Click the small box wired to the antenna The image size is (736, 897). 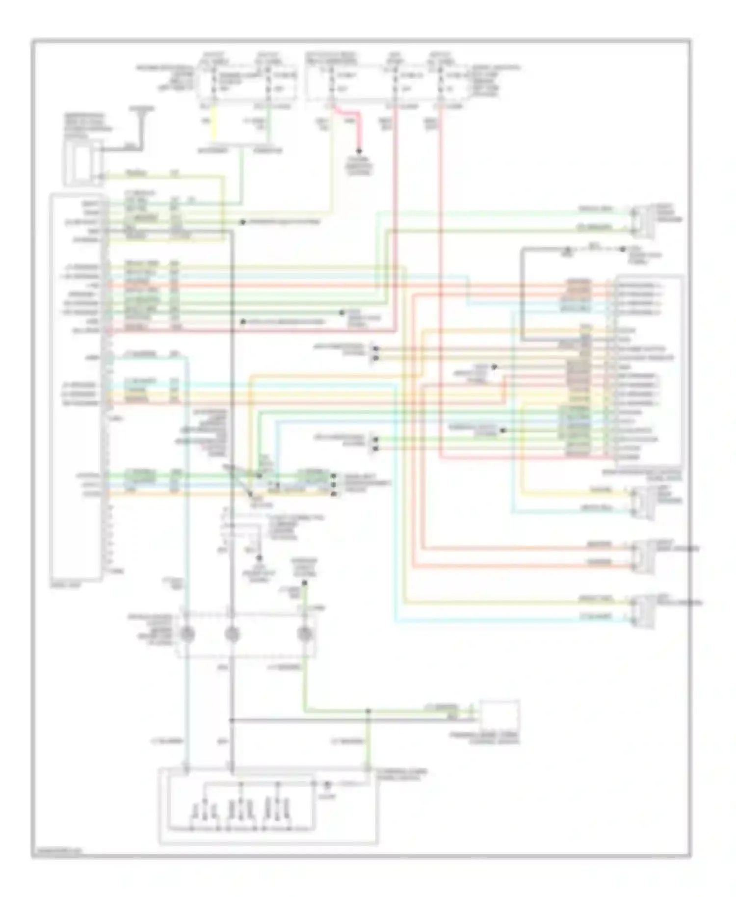coord(82,162)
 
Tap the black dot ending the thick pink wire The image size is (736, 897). coord(360,151)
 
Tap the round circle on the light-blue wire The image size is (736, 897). coord(186,634)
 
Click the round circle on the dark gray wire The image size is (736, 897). coord(232,634)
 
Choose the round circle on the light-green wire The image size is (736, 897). coord(305,634)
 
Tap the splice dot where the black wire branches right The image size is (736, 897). coord(232,721)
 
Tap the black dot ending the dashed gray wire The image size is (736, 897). coord(623,249)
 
